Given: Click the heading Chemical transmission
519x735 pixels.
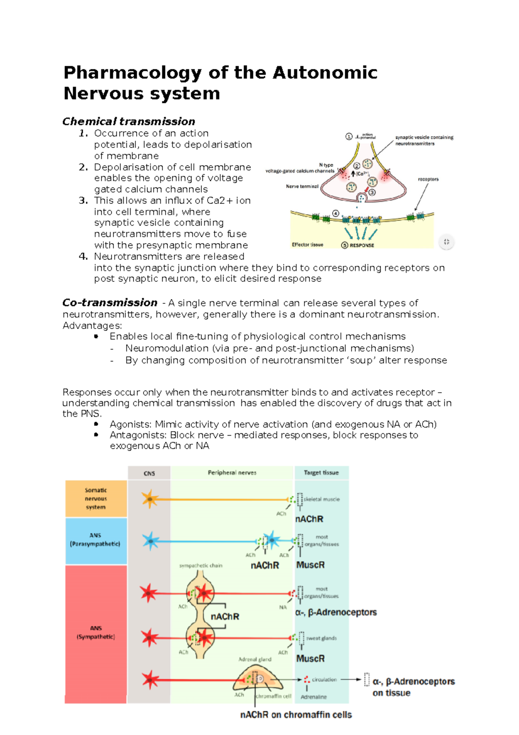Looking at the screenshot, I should pos(128,122).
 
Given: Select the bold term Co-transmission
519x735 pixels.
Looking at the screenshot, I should pos(110,303).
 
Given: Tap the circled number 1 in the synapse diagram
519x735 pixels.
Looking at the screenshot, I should pos(349,137).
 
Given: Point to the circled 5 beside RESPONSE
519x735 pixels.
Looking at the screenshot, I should pos(345,245).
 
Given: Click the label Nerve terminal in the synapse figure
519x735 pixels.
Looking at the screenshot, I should pos(302,187).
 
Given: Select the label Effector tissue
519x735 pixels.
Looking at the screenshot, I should pos(308,245).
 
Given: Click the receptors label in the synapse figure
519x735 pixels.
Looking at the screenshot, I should pos(428,179).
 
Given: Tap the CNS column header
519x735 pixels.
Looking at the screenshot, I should pos(149,474).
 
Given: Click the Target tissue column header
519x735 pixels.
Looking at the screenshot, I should pos(321,473).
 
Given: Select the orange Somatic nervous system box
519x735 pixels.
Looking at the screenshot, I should pos(96,499).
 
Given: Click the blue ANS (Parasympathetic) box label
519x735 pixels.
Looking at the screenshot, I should pos(95,540).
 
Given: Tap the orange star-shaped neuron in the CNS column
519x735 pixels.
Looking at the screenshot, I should pos(149,499).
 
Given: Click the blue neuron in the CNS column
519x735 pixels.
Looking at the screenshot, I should pos(150,541).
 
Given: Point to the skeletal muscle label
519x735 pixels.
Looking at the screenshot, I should pos(321,500).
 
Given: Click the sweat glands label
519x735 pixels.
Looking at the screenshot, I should pos(321,638).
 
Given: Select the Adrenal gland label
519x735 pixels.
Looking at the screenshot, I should pos(255,660).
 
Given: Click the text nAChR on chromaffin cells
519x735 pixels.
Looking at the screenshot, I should pos(296,715).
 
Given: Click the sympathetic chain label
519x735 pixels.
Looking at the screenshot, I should pos(201,566).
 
